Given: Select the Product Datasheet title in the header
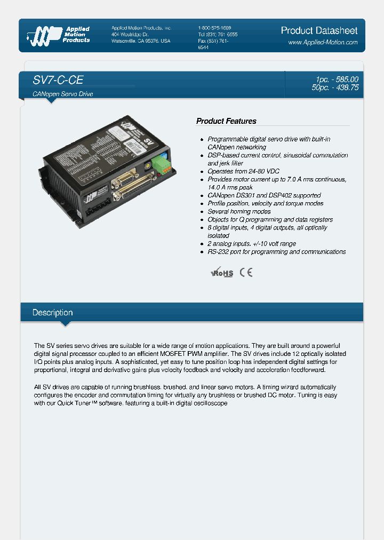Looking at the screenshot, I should point(319,30).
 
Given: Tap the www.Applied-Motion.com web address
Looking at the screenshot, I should point(323,42).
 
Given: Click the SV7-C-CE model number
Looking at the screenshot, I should point(58,80).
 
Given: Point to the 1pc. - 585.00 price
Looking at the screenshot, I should point(337,80).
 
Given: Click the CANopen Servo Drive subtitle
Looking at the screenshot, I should point(63,94).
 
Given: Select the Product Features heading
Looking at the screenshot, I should point(226,121).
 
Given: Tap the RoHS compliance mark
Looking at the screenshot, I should point(222,273).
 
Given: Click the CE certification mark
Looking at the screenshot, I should point(246,272).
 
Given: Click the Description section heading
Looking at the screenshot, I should point(52,313).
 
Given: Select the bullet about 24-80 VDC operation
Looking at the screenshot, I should point(243,171).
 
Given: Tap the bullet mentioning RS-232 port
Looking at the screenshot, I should point(276,251).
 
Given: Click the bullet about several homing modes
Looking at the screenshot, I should point(239,211).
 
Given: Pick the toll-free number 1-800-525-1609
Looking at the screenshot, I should point(214,28).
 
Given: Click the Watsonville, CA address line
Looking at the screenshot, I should point(141,41).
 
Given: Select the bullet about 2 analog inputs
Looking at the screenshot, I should point(252,243).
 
